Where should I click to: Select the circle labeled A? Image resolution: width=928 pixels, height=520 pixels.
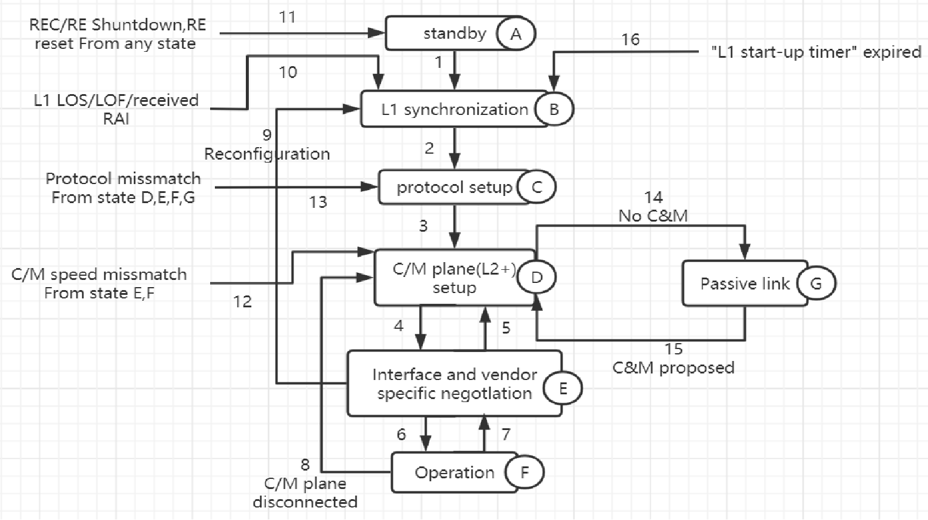[515, 34]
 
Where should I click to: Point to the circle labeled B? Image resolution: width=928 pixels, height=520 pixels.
[554, 110]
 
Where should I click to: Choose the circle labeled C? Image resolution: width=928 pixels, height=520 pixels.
[536, 188]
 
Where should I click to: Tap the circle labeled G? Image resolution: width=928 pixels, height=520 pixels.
[815, 284]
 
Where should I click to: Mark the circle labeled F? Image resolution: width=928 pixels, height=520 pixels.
[524, 473]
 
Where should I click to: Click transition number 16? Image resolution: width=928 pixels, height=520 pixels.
[630, 40]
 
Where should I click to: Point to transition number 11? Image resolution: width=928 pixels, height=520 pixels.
[288, 17]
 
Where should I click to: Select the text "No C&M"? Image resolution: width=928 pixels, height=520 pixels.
[653, 216]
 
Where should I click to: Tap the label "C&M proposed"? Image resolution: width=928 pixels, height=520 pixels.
[673, 368]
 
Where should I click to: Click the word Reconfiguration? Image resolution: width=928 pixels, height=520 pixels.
[267, 154]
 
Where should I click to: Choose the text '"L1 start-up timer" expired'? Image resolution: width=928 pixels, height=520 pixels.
[816, 52]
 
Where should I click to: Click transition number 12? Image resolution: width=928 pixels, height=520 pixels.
[242, 302]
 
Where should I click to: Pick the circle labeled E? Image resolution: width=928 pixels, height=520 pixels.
[563, 389]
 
